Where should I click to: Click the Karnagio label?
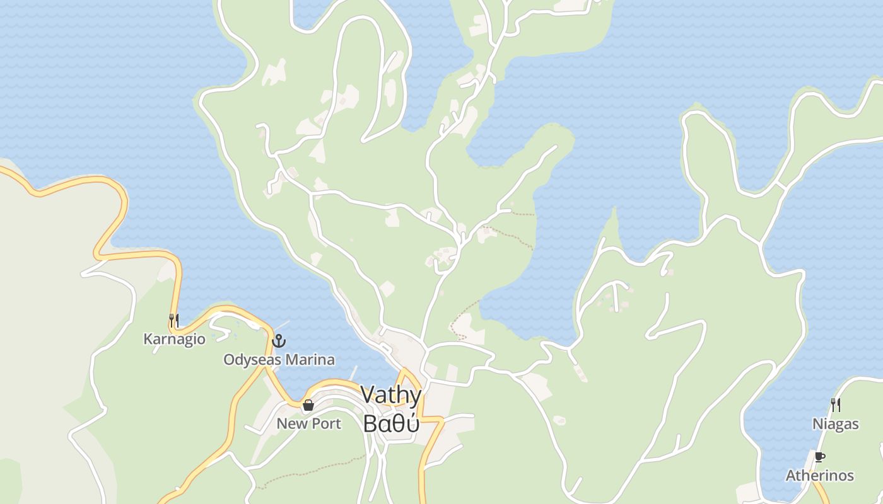[174, 339]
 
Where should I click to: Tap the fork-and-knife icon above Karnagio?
[174, 320]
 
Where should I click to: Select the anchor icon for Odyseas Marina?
[279, 341]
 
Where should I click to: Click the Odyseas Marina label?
[279, 360]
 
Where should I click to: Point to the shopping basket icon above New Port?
[308, 405]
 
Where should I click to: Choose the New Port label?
[308, 423]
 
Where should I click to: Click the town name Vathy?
[391, 396]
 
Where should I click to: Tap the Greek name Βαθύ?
[391, 423]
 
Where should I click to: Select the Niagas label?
[835, 424]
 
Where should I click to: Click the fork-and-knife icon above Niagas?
[836, 404]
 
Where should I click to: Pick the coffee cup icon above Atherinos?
[819, 457]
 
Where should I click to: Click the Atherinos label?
[819, 476]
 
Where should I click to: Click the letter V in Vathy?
[368, 396]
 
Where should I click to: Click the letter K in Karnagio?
[148, 339]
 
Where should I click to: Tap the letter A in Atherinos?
[790, 476]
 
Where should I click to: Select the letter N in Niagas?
[817, 424]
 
